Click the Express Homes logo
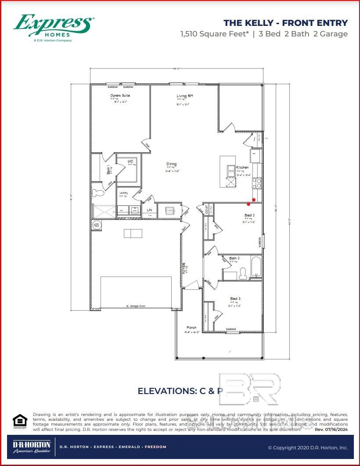(x=54, y=27)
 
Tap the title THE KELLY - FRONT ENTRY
(x=285, y=23)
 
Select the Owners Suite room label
(x=120, y=95)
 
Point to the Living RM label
(x=185, y=96)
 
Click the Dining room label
(x=171, y=165)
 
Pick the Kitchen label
(x=242, y=168)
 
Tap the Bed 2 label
(x=249, y=215)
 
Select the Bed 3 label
(x=235, y=299)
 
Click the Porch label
(x=192, y=327)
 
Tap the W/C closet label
(x=130, y=162)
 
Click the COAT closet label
(x=206, y=209)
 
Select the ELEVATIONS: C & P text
(x=180, y=391)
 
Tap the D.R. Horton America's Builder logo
(x=32, y=447)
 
